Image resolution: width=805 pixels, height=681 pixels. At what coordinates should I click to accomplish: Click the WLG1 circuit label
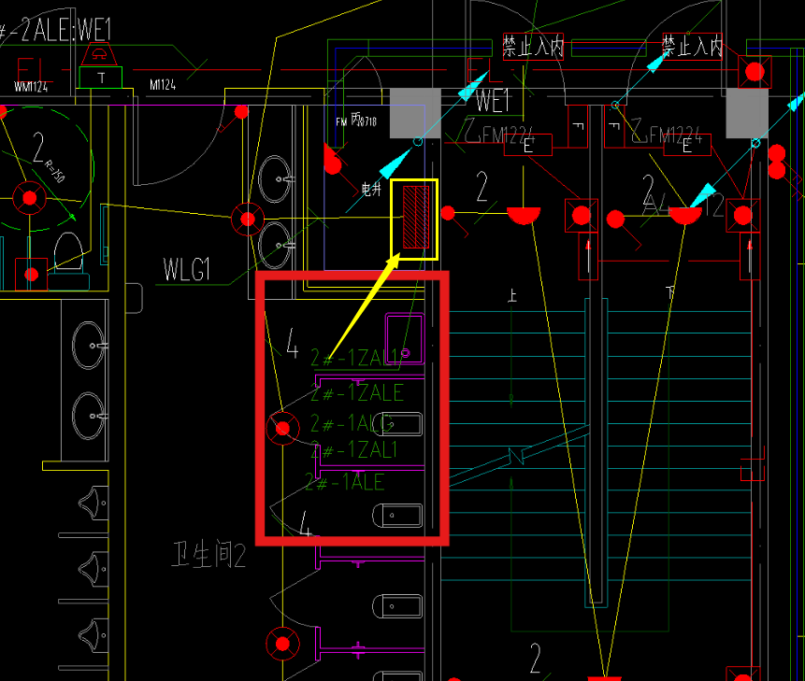[x=187, y=271]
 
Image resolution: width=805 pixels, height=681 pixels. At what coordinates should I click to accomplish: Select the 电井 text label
[x=371, y=190]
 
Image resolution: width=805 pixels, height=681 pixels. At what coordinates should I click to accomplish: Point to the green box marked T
[x=101, y=77]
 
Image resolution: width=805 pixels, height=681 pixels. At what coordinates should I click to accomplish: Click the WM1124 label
[x=31, y=87]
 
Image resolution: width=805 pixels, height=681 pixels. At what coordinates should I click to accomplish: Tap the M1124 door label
[x=163, y=86]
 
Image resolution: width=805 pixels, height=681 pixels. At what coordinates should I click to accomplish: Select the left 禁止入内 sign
[x=533, y=46]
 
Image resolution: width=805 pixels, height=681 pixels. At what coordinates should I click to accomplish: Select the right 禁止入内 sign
[x=692, y=46]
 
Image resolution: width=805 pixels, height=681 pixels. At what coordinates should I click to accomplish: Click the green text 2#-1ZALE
[x=357, y=392]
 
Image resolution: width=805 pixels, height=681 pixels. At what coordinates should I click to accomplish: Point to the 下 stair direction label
[x=669, y=292]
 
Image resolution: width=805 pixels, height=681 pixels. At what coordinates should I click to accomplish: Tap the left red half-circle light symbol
[x=524, y=215]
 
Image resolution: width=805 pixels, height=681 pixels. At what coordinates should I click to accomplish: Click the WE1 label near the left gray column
[x=493, y=100]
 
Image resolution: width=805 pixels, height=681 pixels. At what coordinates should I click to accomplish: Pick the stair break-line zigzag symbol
[x=517, y=458]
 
